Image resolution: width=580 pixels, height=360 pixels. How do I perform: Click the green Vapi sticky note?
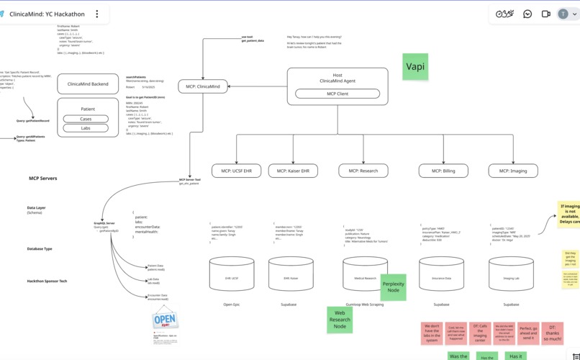[x=415, y=66]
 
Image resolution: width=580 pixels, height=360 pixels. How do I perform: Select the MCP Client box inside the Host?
[x=337, y=94]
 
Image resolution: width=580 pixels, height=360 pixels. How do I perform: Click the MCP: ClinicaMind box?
[x=203, y=86]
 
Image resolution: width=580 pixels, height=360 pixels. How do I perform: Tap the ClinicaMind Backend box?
[x=88, y=84]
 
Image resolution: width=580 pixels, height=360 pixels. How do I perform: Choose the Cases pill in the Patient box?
[x=86, y=119]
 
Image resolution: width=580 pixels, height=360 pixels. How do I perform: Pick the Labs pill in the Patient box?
[x=86, y=128]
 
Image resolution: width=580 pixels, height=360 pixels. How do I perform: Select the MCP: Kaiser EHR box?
[x=293, y=171]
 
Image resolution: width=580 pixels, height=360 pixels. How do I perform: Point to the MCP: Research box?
[x=363, y=171]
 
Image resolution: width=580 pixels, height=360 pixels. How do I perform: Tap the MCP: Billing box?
[x=443, y=171]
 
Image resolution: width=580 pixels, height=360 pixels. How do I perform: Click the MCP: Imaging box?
[x=513, y=171]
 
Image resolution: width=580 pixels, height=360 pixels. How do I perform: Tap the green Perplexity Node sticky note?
[x=393, y=287]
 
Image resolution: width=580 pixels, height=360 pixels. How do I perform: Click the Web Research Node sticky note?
[x=340, y=320]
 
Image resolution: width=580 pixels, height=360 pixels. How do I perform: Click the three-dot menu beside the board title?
[x=97, y=14]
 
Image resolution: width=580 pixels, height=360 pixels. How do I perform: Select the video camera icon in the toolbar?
[x=546, y=14]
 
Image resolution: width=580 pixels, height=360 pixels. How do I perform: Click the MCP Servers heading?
[x=42, y=178]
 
